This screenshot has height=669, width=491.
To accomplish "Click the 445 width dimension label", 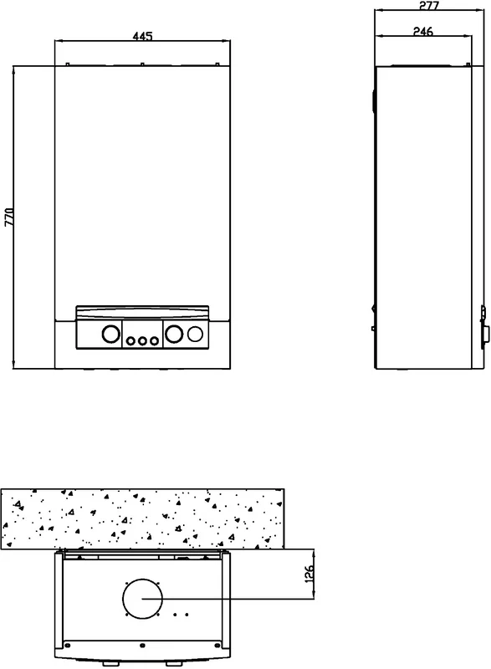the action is [x=142, y=36].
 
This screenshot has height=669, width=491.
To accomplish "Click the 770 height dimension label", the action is [x=9, y=217].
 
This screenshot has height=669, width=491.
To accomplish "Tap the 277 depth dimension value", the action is [x=429, y=6].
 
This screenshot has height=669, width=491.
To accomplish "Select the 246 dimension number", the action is [x=423, y=31].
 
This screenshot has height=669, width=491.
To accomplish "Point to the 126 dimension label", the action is [x=309, y=574].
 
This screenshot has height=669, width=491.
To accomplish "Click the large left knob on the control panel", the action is [x=111, y=334].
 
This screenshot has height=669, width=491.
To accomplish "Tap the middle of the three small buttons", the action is [x=142, y=341].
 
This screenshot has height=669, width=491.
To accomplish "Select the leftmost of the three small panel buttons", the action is [x=130, y=341].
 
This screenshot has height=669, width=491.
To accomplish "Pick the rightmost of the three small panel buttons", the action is [x=154, y=341].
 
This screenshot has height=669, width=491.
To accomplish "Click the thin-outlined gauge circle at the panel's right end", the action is [x=195, y=334].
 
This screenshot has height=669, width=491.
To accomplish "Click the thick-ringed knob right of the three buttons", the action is [x=174, y=334].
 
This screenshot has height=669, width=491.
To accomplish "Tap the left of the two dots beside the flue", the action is [x=175, y=615].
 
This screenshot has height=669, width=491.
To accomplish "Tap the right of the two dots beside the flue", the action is [x=187, y=615].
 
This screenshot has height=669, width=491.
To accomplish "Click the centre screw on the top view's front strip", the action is [x=142, y=644].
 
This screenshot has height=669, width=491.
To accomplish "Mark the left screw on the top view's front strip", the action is [x=66, y=644].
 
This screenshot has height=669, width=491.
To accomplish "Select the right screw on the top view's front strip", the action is [x=218, y=644].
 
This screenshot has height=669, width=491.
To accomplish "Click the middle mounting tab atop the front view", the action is [x=142, y=64].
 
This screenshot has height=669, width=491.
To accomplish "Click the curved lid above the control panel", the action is [x=142, y=312].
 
